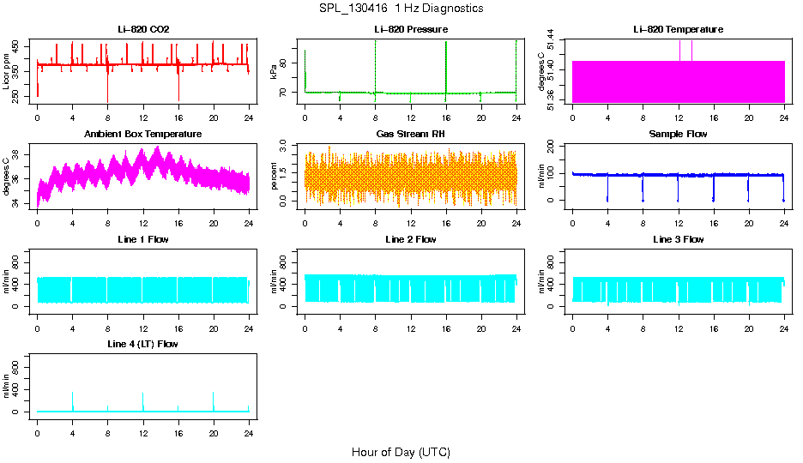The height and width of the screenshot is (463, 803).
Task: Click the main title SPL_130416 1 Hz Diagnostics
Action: (401, 9)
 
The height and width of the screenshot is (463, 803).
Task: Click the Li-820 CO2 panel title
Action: (143, 30)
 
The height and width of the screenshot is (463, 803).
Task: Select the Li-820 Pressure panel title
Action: (411, 30)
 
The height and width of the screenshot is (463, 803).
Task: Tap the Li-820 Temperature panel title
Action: (678, 30)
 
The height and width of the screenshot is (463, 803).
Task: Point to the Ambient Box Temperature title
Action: (143, 135)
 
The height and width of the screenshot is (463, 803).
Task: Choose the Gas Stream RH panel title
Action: (411, 135)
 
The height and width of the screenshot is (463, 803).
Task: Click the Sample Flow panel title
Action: (678, 135)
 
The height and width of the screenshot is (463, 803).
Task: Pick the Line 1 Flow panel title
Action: (143, 239)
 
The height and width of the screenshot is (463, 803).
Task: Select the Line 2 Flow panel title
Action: (411, 239)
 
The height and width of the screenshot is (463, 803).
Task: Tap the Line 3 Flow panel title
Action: (678, 239)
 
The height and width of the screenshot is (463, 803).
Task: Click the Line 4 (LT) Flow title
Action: (143, 344)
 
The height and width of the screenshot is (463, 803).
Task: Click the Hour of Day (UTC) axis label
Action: (401, 452)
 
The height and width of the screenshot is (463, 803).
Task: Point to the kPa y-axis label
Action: (275, 72)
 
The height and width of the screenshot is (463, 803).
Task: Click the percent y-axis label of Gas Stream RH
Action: (275, 177)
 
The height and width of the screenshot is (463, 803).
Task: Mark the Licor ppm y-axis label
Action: (7, 72)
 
